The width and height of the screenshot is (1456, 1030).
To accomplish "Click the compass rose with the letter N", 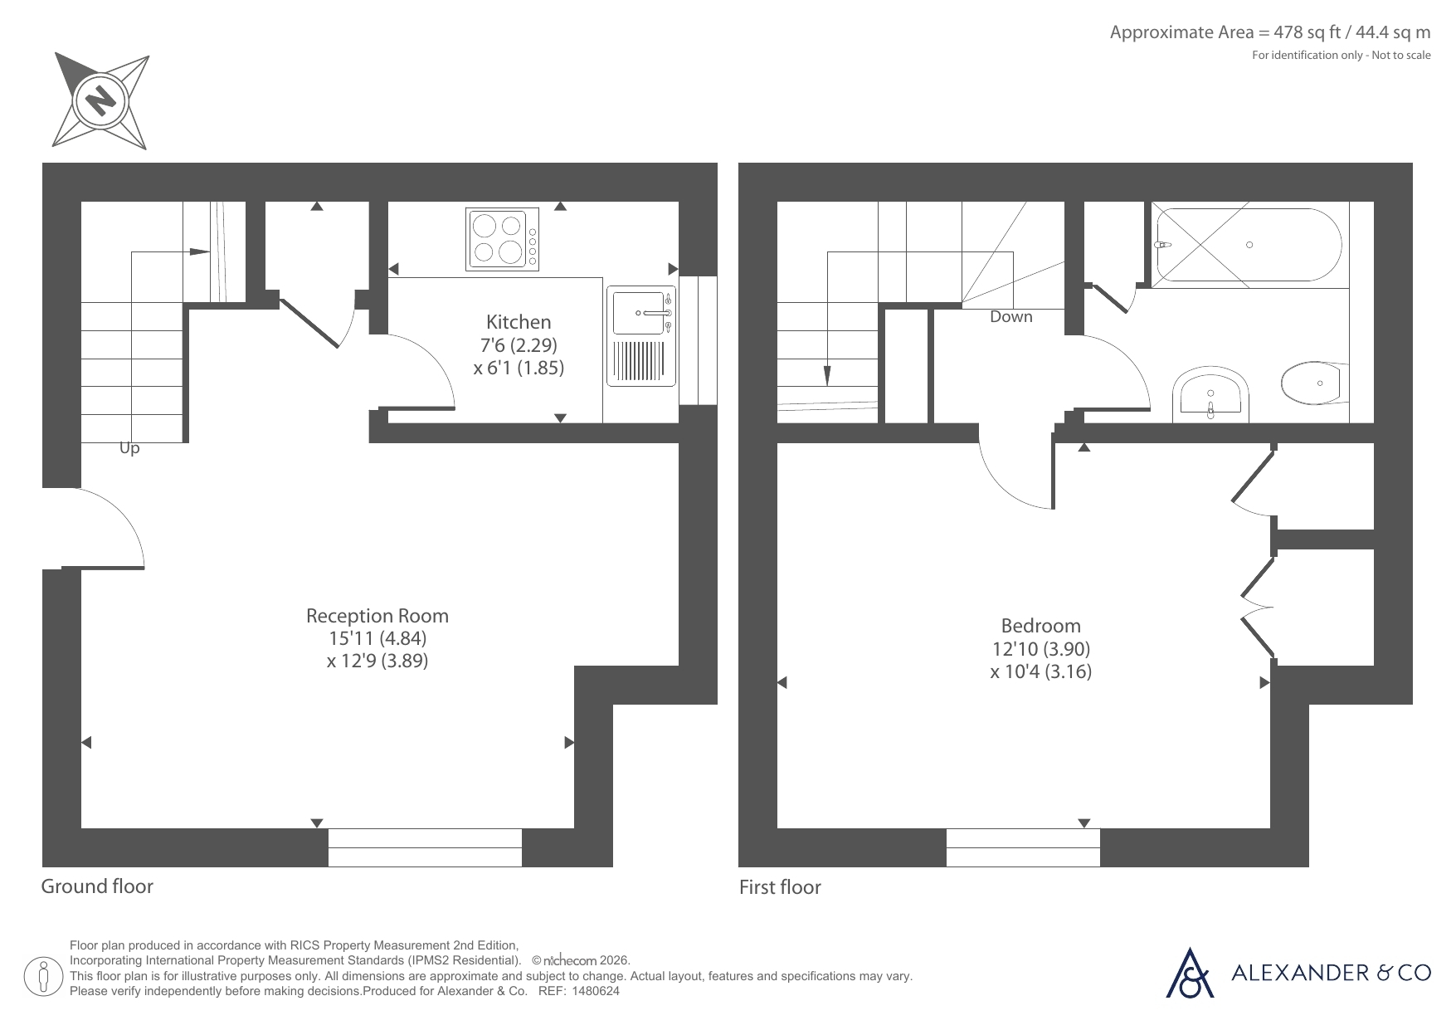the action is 101,101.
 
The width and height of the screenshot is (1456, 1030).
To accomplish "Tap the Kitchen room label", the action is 519,322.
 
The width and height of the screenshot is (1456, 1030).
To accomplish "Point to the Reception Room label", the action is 377,616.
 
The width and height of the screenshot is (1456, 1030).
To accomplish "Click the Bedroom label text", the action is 1041,626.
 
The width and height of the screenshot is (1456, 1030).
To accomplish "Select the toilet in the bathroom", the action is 1315,383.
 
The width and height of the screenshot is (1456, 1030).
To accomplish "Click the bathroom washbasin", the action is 1210,394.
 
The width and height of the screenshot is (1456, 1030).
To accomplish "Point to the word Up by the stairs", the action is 129,449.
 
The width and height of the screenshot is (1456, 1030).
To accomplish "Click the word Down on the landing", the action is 1011,316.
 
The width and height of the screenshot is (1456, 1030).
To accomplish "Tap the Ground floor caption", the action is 97,886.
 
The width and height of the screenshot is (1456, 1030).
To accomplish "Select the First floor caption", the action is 780,887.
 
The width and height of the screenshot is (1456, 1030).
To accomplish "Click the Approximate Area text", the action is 1270,32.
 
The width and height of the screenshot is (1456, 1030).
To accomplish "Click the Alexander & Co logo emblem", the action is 1191,972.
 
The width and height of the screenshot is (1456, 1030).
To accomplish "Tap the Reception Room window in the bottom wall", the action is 425,847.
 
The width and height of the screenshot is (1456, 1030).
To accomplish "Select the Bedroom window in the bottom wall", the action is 1023,847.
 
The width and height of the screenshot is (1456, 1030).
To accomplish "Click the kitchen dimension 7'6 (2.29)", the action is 519,344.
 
